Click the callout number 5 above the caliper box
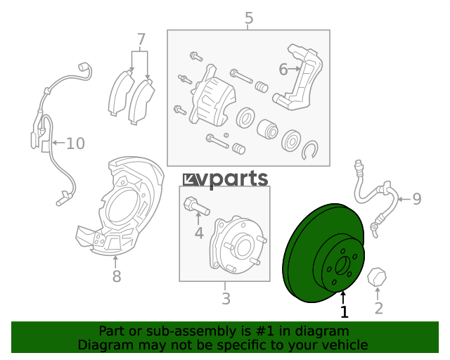pyautogui.click(x=249, y=18)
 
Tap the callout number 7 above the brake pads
pyautogui.click(x=141, y=39)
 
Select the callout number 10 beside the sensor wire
pyautogui.click(x=75, y=143)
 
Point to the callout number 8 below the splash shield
pyautogui.click(x=117, y=276)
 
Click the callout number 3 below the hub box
pyautogui.click(x=226, y=299)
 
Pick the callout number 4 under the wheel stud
pyautogui.click(x=199, y=233)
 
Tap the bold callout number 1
pyautogui.click(x=345, y=311)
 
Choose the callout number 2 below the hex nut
pyautogui.click(x=379, y=309)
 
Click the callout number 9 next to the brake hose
pyautogui.click(x=417, y=199)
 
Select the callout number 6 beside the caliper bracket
pyautogui.click(x=283, y=70)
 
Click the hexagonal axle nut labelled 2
pyautogui.click(x=377, y=277)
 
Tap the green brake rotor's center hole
pyautogui.click(x=343, y=266)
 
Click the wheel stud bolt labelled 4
pyautogui.click(x=196, y=205)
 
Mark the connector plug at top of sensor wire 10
pyautogui.click(x=84, y=67)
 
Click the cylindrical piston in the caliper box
pyautogui.click(x=267, y=129)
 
